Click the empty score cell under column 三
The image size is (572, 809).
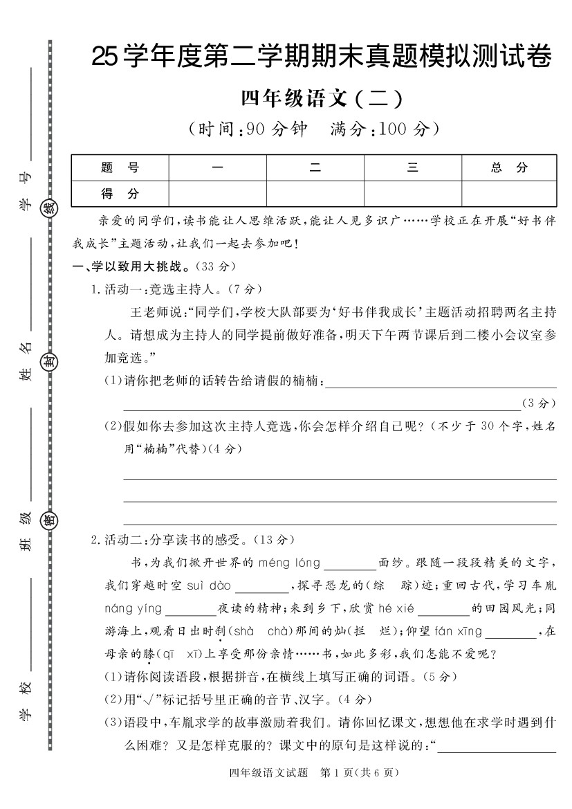pyautogui.click(x=412, y=194)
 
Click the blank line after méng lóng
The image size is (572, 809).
pyautogui.click(x=349, y=565)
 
